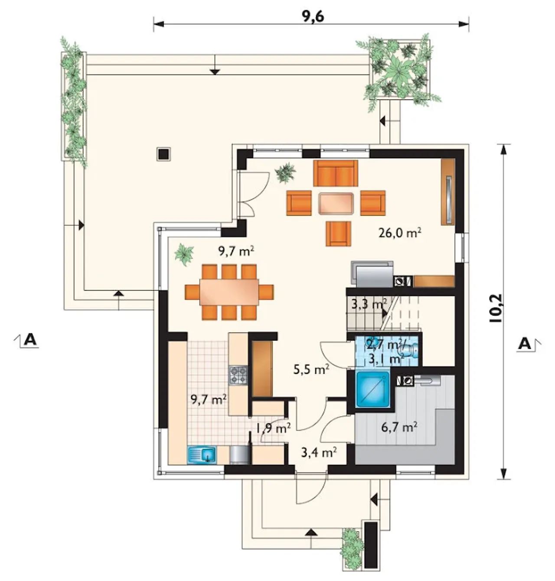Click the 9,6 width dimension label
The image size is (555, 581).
[313, 16]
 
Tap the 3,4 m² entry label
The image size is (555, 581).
[319, 452]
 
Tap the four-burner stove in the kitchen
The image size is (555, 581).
[238, 375]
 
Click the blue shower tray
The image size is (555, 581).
[373, 389]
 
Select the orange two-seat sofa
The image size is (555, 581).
[336, 173]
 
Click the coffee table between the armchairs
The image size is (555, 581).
[336, 203]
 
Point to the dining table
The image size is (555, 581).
[229, 292]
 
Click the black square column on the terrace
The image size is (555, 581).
[163, 154]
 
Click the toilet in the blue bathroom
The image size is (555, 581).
[407, 351]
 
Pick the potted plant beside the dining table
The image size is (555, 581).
[184, 255]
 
